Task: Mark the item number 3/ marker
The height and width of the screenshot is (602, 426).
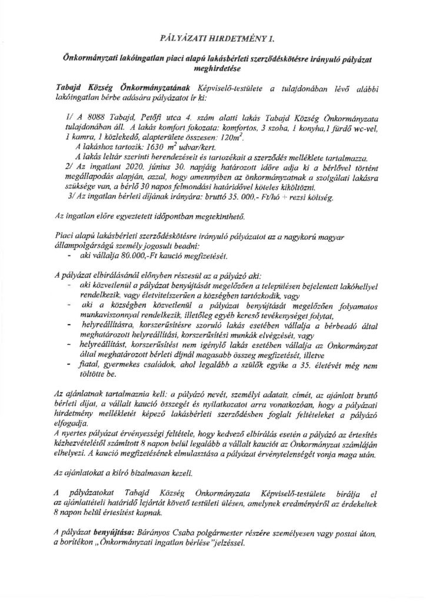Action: [x=72, y=196]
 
